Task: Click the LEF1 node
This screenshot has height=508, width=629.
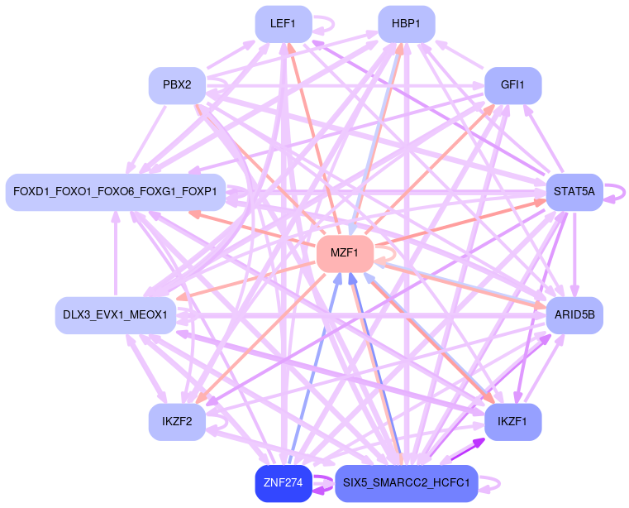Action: [283, 24]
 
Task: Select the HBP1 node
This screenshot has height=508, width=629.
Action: [406, 24]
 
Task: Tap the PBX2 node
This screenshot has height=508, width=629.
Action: [177, 85]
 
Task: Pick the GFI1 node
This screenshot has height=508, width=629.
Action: [512, 85]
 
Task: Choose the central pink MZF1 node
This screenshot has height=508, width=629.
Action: [345, 254]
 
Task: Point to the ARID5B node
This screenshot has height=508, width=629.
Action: [574, 315]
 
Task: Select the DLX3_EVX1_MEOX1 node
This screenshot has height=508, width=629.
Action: [115, 315]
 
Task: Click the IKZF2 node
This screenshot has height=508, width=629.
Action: [177, 422]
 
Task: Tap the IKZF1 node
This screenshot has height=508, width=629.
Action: [512, 422]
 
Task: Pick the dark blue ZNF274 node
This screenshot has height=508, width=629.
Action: [283, 483]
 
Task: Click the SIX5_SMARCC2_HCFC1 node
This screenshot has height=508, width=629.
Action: [406, 483]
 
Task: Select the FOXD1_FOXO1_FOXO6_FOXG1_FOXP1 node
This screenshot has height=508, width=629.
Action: [115, 192]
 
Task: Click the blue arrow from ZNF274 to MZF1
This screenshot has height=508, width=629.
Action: [311, 370]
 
